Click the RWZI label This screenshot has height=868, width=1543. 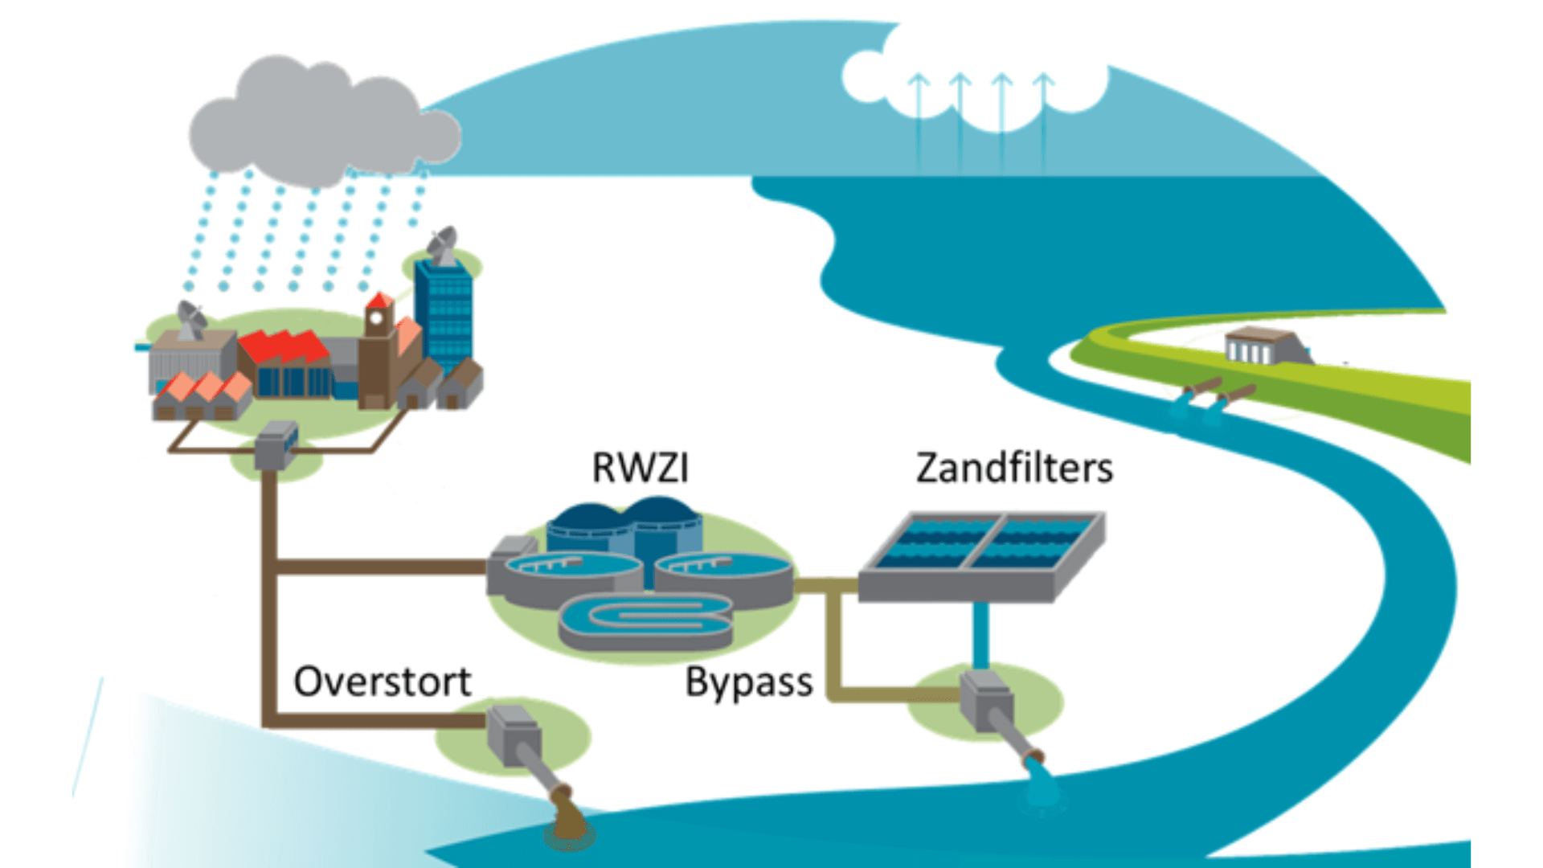coord(640,468)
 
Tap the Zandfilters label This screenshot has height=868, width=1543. coord(1014,468)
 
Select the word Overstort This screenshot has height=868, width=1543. coord(382,682)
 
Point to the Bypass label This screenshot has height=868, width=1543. coord(748,683)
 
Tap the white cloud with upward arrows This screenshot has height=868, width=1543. coord(976,76)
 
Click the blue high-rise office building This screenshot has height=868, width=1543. coord(443,313)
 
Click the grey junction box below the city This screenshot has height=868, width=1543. coord(276,445)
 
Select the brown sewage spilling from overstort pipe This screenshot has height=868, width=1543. coord(569,820)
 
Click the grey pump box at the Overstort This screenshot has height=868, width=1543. coord(513,733)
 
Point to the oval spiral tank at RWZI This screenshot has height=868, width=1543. coord(645,620)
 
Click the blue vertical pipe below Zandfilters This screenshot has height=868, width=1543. coord(980,635)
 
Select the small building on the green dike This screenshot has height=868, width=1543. coord(1257,346)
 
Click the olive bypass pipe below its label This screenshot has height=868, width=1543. coord(884,694)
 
